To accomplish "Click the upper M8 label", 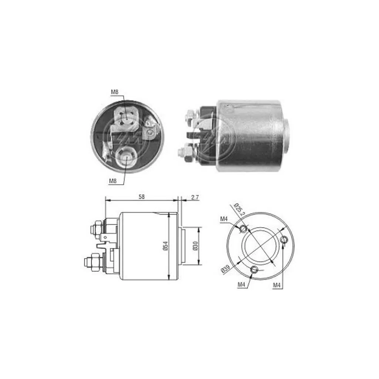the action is point(115,92).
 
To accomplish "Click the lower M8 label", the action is point(113,181).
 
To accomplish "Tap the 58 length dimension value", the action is point(141,197).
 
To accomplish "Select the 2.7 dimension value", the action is point(195,198).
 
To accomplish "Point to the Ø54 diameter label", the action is point(165,246).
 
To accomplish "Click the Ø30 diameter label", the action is point(195,246).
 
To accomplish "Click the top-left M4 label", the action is point(224,219).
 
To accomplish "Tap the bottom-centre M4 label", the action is point(241,285).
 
